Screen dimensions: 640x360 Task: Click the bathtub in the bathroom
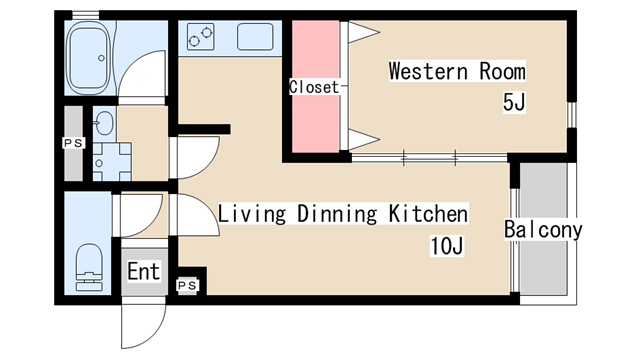[x=89, y=58]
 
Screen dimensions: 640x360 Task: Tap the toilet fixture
[x=89, y=267]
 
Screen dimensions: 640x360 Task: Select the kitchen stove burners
[x=201, y=37]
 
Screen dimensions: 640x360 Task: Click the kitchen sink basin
[x=255, y=37]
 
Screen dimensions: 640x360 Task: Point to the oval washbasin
[x=104, y=123]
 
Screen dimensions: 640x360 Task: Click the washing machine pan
[x=112, y=162]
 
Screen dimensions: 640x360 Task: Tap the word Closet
[x=314, y=87]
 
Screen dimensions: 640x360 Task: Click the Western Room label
[x=457, y=71]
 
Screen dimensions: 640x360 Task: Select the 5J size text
[x=514, y=102]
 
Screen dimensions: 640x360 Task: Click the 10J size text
[x=447, y=246]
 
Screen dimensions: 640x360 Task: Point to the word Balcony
[x=543, y=230]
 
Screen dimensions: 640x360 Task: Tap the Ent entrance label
[x=143, y=271]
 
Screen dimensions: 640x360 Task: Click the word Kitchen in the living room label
[x=428, y=213]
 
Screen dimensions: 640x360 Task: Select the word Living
[x=252, y=213]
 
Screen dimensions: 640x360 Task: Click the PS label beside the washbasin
[x=74, y=143]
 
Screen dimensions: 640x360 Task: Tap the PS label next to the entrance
[x=187, y=285]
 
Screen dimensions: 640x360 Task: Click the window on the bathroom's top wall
[x=86, y=15]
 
